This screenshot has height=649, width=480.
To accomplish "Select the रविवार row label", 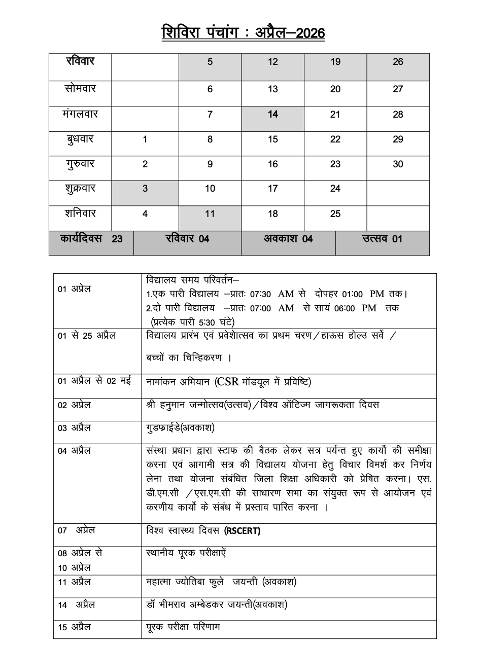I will [x=80, y=62].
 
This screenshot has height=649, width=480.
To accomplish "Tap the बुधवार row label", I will [x=80, y=139].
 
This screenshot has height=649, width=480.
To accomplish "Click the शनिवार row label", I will [x=80, y=214].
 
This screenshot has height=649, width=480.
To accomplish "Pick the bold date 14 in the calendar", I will [x=273, y=115].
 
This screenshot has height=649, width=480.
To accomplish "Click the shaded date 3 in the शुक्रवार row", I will [x=145, y=189].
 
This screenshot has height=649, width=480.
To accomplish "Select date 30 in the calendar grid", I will [x=398, y=164].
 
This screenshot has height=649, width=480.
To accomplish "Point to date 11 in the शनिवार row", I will [x=210, y=214].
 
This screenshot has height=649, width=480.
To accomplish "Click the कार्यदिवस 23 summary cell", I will [x=91, y=239].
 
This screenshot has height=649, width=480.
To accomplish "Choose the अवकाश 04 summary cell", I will [x=288, y=239].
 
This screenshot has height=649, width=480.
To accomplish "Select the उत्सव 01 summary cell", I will [x=382, y=239].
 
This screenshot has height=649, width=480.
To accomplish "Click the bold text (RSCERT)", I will [x=242, y=531].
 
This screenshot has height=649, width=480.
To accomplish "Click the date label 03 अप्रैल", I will [x=74, y=428].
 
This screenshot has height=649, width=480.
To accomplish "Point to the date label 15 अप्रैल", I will [x=74, y=627].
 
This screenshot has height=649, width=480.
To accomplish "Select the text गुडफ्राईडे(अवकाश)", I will [x=180, y=428].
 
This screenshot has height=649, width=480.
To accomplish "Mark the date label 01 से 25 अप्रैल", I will [x=87, y=336].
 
